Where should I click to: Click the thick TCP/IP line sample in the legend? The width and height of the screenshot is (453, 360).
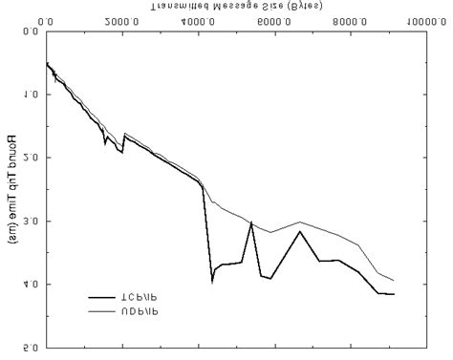104,297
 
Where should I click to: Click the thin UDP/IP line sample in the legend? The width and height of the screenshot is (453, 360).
104,311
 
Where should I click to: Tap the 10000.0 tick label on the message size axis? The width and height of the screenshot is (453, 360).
423,20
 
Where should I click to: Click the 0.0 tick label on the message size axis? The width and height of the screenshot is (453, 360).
48,20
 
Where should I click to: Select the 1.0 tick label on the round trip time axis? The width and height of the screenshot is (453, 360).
31,95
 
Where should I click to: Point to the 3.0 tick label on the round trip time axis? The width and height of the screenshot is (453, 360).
31,222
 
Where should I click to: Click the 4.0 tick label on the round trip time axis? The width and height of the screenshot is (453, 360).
31,285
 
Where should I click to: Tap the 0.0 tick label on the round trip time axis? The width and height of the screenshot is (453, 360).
31,32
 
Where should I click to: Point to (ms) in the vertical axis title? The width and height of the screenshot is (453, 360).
11,230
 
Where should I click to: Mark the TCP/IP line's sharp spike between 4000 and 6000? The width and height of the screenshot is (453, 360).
250,222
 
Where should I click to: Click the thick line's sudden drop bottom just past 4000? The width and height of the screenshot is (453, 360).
212,280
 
